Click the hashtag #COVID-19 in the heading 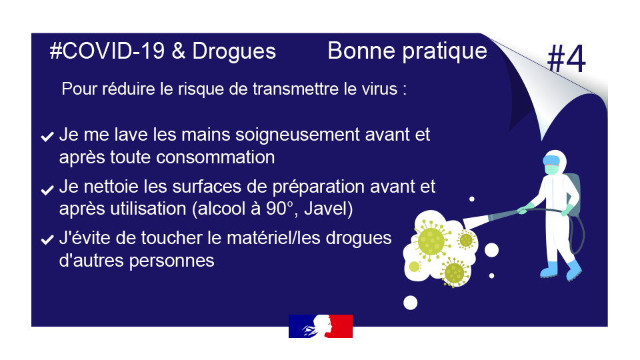pos(107,51)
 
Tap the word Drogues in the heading pos(234,52)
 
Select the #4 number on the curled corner pos(566,59)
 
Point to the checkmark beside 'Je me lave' pos(47,136)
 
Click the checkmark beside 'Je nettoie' pos(47,190)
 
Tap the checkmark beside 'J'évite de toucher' pos(47,239)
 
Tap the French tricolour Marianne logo pos(321,326)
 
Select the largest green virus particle pos(431,241)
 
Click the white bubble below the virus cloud pos(410,303)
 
